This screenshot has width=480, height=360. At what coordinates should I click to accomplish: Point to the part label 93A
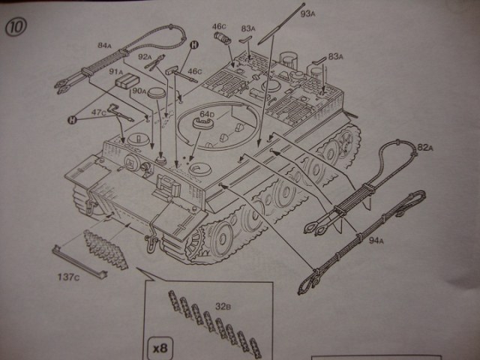tap(307, 13)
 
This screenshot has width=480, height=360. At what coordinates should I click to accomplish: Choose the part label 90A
tap(139, 91)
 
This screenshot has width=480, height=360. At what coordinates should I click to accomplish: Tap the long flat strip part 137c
tap(79, 260)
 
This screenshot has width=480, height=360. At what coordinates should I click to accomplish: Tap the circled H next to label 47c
tap(73, 118)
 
